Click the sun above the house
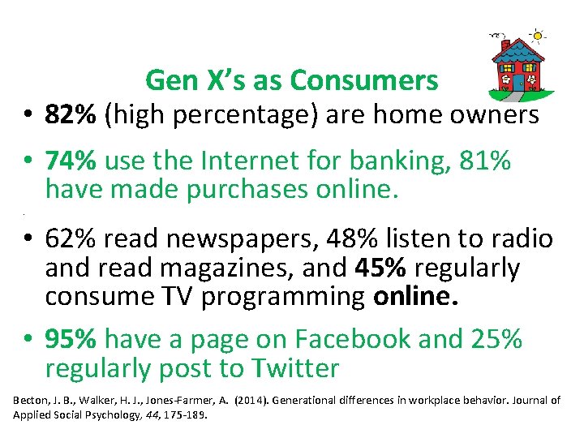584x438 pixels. [538, 35]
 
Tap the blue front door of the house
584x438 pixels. [517, 82]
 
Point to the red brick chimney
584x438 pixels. [505, 45]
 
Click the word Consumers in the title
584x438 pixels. [364, 80]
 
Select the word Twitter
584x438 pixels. [294, 368]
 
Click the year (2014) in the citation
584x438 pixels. [249, 401]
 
